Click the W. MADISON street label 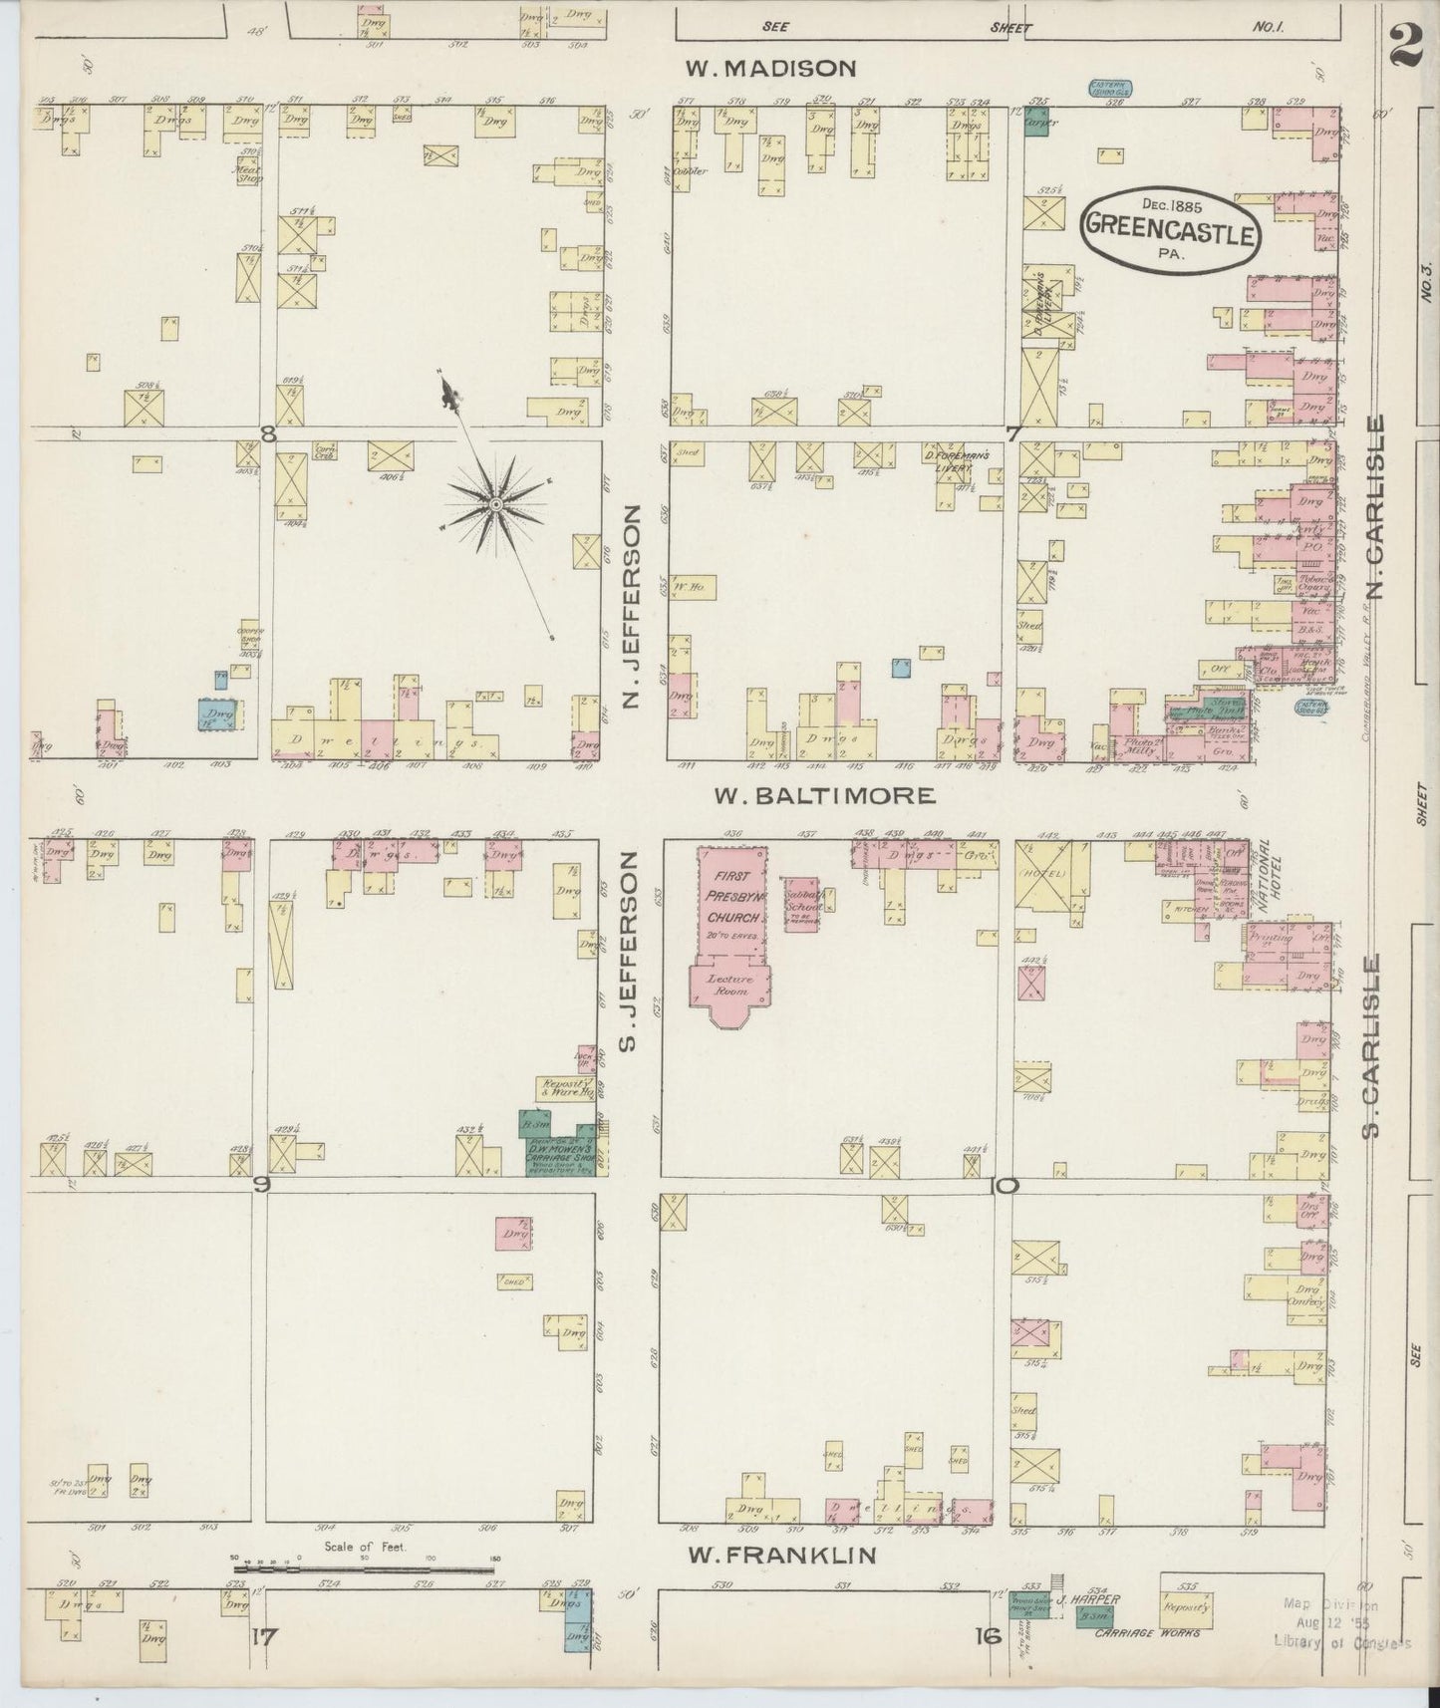(770, 68)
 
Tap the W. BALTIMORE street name (824, 795)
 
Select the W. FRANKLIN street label (783, 1555)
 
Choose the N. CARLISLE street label (1377, 508)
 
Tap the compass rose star (494, 507)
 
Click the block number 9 (262, 1184)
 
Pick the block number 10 (1005, 1186)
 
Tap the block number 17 (263, 1634)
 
